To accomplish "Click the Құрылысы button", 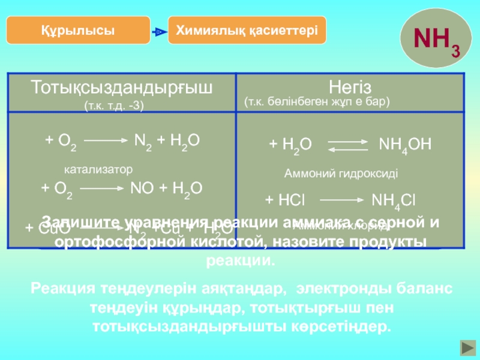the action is (79, 30).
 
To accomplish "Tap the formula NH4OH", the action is (405, 145).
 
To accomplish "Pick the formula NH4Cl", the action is (394, 200).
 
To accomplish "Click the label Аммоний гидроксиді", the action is (340, 173).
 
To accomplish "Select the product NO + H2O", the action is (166, 188).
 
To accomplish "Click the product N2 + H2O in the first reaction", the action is (166, 141).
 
